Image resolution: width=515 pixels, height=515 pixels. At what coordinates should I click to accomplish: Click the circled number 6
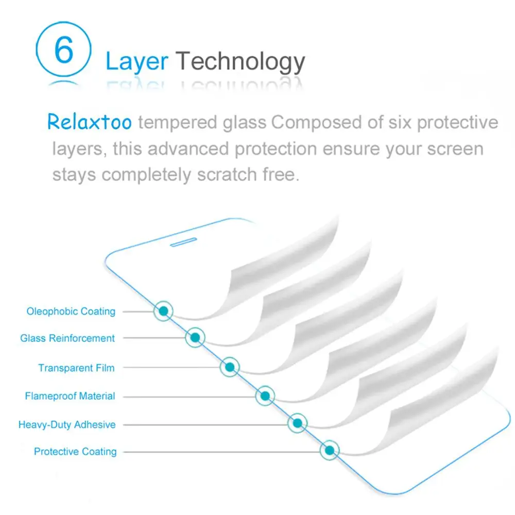coord(63,51)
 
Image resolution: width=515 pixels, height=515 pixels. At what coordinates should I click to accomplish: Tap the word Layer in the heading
coord(136,61)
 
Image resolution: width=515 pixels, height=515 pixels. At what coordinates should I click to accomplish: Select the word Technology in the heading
coord(241,61)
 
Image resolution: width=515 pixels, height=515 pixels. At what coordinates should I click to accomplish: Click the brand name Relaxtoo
coord(90,123)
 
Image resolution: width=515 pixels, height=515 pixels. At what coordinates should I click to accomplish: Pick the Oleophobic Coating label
coord(71,312)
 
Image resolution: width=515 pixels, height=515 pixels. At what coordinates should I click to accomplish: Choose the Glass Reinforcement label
coord(67,338)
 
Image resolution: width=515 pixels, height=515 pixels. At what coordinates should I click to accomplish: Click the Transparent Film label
coord(76,368)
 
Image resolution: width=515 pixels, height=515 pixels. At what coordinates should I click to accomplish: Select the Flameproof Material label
coord(70,396)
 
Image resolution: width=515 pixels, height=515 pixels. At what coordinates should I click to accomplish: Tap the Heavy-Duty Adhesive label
coord(67,425)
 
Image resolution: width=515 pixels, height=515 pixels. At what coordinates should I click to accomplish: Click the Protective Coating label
coord(75,452)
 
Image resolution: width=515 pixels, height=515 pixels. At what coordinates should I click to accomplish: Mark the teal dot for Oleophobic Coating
coord(163,311)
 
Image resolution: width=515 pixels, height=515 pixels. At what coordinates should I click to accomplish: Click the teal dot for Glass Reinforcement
coord(195,338)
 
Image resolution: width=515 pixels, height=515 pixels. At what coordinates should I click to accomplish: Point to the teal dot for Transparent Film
coord(230,367)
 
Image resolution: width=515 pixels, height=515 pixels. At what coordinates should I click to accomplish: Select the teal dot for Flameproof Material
coord(265,396)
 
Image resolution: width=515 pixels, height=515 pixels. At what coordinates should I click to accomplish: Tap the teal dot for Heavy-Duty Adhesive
coord(297,423)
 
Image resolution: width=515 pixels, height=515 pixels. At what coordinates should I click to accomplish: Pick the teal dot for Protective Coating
coord(330,451)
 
